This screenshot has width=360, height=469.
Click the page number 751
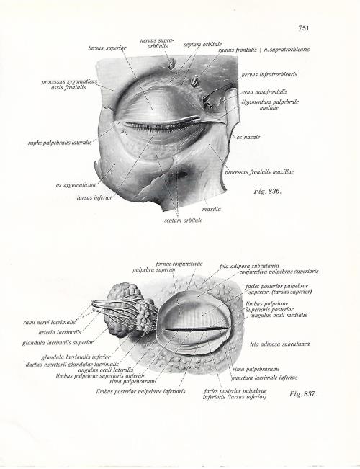(x=304, y=28)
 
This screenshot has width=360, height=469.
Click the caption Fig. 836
(x=268, y=191)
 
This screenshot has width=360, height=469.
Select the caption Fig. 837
(x=303, y=393)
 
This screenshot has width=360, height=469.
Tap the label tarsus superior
(x=107, y=48)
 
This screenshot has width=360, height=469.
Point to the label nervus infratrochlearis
(x=269, y=74)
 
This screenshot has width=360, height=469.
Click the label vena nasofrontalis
(x=265, y=91)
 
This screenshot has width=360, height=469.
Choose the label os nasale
(x=248, y=138)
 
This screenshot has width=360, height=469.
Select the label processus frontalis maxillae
(x=259, y=172)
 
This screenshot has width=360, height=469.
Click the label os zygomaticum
(x=76, y=185)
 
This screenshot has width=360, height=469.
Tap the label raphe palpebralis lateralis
(x=60, y=143)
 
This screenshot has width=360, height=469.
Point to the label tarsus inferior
(x=94, y=197)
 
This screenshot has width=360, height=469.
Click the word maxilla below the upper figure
(x=212, y=210)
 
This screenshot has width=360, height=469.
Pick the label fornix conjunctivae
(x=179, y=264)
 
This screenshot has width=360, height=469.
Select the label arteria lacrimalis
(x=60, y=332)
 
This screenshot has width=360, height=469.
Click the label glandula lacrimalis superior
(x=58, y=343)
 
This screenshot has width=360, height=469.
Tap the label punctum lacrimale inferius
(x=264, y=378)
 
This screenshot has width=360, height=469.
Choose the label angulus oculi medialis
(x=279, y=315)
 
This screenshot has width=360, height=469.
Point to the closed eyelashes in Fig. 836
(x=161, y=127)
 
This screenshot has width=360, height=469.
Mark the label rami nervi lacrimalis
(x=50, y=322)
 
